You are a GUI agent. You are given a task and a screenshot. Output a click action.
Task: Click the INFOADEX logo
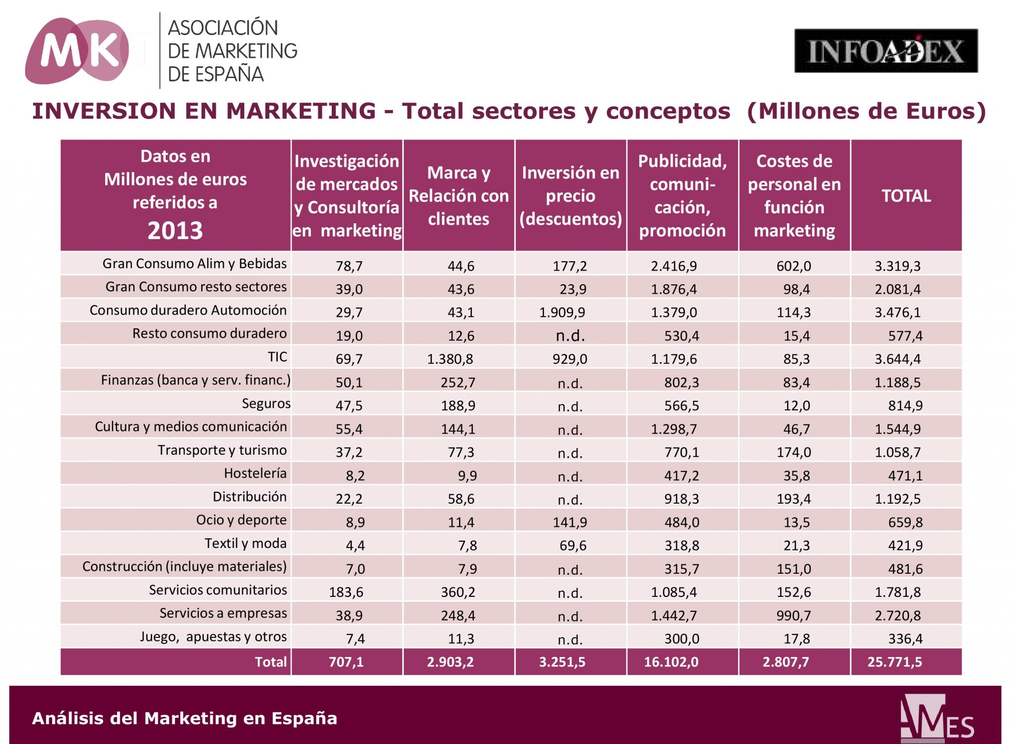[x=886, y=51]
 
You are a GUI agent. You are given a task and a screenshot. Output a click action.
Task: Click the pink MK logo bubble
[x=77, y=51]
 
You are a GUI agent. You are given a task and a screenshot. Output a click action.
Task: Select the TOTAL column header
[x=906, y=196]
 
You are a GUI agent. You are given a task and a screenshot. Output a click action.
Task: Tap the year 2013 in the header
[x=175, y=231]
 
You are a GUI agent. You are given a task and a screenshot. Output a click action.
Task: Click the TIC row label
[x=277, y=357]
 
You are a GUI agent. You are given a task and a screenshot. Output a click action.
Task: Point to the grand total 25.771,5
[x=894, y=662]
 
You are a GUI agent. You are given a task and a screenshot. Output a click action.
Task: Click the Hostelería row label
[x=255, y=473]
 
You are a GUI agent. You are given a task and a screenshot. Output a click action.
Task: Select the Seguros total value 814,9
[x=905, y=406]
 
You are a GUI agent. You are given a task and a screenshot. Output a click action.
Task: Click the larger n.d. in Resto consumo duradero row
[x=570, y=336]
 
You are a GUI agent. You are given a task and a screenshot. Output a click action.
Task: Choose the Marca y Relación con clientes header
[x=459, y=196]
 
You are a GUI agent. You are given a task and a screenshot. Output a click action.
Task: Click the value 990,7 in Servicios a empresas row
[x=793, y=616]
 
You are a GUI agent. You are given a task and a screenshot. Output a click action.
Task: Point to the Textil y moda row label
[x=245, y=544]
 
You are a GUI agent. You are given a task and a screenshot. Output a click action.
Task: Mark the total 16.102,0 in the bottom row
[x=671, y=662]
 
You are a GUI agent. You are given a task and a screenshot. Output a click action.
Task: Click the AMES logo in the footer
[x=936, y=719]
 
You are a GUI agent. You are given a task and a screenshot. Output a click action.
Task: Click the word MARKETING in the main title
[x=301, y=111]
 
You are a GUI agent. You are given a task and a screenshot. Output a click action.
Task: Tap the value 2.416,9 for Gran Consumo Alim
[x=673, y=266]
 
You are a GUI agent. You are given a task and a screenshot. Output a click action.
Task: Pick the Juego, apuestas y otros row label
[x=213, y=637]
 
